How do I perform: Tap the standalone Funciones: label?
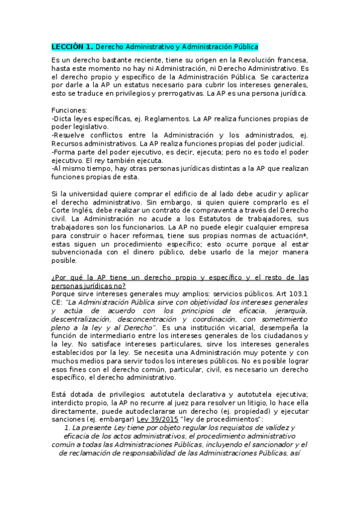tap(70, 111)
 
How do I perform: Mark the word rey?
tap(120, 161)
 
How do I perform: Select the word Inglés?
tap(81, 212)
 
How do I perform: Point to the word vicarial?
tap(233, 327)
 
